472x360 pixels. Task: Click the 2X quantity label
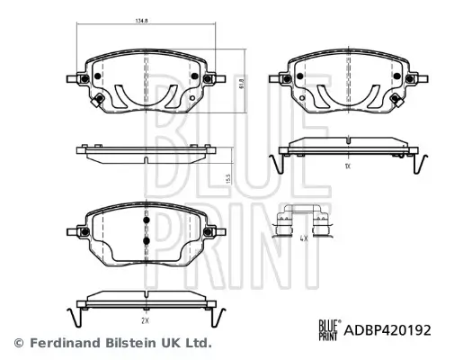coord(145,319)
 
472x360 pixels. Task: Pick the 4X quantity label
coord(303,239)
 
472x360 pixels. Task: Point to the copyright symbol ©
coord(18,343)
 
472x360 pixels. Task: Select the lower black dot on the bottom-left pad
coord(145,241)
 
